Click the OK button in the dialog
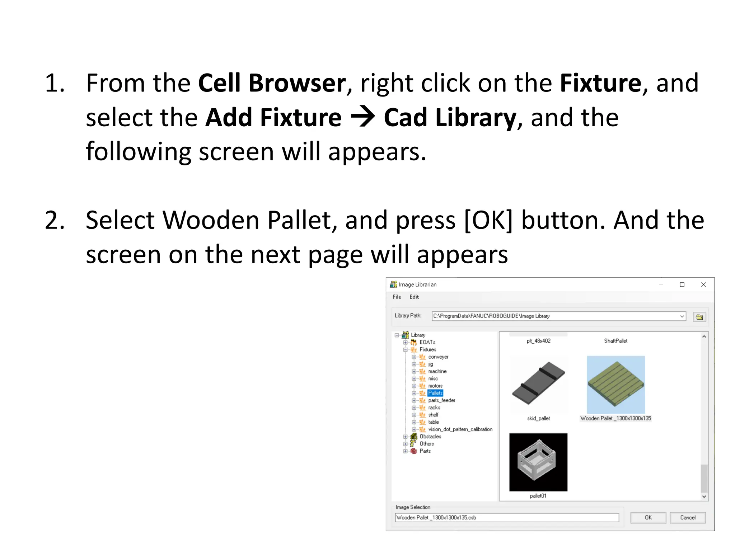(x=648, y=517)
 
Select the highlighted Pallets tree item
(x=435, y=393)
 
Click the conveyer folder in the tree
(x=438, y=357)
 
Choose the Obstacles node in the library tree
(x=430, y=436)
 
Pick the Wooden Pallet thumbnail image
(x=615, y=385)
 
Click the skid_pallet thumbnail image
(x=538, y=385)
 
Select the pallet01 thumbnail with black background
(x=538, y=462)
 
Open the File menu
(x=397, y=297)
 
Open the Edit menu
(x=414, y=297)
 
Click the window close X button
(x=703, y=284)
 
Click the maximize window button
(x=682, y=284)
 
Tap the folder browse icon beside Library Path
(x=699, y=316)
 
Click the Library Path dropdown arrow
(x=682, y=316)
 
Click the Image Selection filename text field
(x=507, y=517)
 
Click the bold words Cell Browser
(x=272, y=83)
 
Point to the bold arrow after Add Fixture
(x=362, y=117)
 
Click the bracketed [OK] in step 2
(x=488, y=220)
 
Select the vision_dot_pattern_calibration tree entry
(x=460, y=429)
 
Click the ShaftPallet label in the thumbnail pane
(x=615, y=341)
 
